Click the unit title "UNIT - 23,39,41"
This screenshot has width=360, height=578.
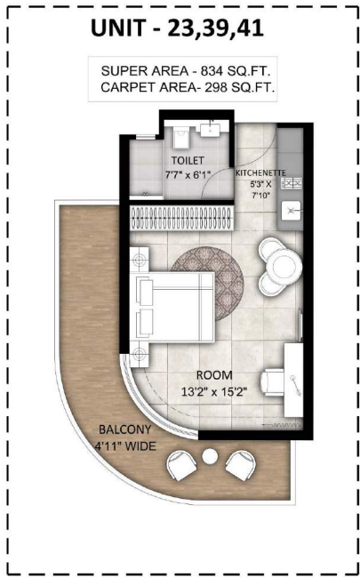(177, 28)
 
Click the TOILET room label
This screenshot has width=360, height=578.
(188, 161)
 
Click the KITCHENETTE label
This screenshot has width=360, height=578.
(260, 173)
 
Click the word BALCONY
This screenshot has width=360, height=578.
(120, 429)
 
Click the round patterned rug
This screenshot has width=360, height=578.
(207, 283)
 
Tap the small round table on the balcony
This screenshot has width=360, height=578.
(210, 456)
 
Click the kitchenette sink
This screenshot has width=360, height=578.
(291, 211)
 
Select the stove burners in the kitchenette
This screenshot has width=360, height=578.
(291, 183)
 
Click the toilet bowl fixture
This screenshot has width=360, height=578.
(180, 138)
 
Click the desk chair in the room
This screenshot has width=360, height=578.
(272, 382)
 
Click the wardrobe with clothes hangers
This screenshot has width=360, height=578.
(181, 218)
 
